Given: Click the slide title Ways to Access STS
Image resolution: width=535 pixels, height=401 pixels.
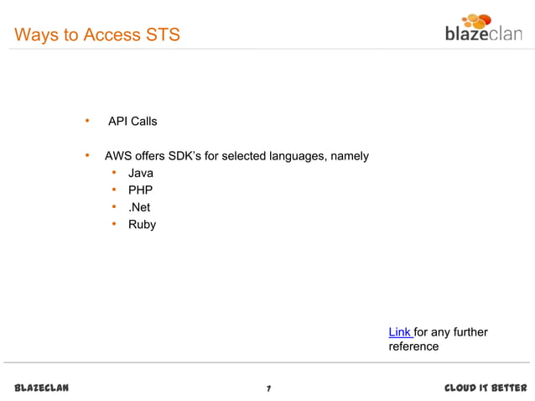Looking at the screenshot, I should coord(96,35).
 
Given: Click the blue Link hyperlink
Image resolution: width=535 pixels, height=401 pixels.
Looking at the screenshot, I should coord(399,333).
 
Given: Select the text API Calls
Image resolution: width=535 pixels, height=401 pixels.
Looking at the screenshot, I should coord(132,122).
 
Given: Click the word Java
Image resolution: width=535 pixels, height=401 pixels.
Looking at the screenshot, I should coord(141,174).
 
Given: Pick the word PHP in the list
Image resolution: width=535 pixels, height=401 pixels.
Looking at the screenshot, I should coord(140,190).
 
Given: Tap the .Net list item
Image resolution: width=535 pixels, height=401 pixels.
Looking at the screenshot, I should coord(139,207).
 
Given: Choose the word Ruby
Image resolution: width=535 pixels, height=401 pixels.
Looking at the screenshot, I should coord(142,225).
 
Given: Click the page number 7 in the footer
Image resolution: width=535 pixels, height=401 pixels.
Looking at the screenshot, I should coord(267,388).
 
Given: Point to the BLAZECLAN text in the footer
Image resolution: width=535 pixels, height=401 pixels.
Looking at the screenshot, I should coord(42,388).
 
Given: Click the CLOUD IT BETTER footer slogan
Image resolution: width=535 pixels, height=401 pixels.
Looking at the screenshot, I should coord(485,388).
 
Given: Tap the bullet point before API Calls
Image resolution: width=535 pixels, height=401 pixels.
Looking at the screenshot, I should coord(86,122).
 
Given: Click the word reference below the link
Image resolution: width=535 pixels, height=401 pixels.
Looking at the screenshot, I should coord(413,346).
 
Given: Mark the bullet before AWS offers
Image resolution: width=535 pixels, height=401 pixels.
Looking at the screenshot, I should coord(86,156).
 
